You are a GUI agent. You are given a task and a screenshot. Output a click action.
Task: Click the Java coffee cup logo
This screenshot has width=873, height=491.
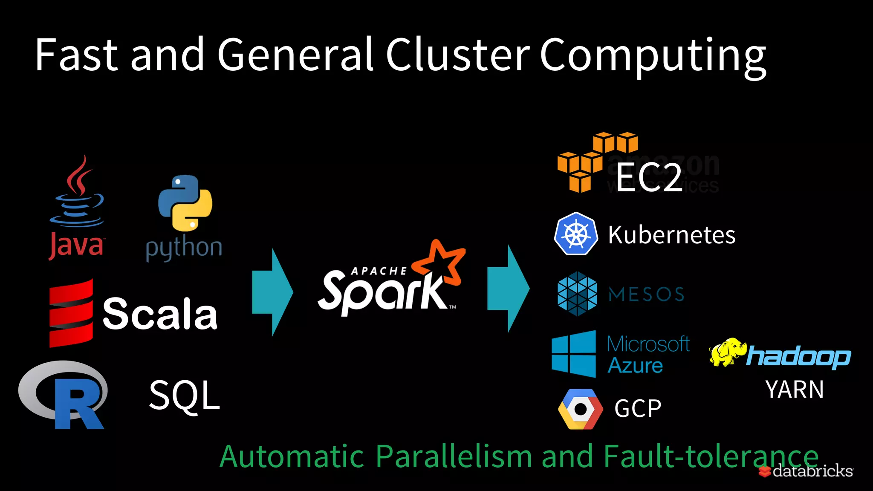pos(77,192)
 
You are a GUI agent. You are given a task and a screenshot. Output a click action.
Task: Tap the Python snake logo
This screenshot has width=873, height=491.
pos(185,203)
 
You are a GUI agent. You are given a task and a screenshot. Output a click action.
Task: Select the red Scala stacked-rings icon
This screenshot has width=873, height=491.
pos(71,313)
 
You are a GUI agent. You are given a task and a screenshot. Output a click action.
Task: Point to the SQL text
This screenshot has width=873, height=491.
pos(184,396)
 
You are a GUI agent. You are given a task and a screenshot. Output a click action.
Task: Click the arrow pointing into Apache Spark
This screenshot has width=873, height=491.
pos(272,292)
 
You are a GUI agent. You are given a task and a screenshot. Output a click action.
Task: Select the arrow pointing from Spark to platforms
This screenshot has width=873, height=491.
pos(508,289)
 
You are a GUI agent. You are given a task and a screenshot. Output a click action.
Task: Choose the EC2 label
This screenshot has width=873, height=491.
pos(649,177)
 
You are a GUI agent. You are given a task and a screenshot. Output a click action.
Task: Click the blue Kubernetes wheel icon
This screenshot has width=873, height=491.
pos(576,234)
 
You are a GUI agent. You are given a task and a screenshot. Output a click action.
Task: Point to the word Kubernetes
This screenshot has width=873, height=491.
pos(671,235)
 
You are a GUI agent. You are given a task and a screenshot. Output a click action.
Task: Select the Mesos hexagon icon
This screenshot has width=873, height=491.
pos(577,294)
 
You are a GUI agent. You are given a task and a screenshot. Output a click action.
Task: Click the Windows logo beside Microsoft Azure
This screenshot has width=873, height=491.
pos(574,354)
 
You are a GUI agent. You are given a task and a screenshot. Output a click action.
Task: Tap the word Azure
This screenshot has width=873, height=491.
pos(635,366)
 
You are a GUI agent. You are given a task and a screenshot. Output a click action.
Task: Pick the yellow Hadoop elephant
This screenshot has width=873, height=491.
pos(727,352)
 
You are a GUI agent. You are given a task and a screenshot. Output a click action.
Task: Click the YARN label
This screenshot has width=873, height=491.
pos(795,390)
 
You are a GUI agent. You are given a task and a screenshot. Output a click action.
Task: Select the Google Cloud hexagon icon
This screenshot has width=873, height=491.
pos(580,409)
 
